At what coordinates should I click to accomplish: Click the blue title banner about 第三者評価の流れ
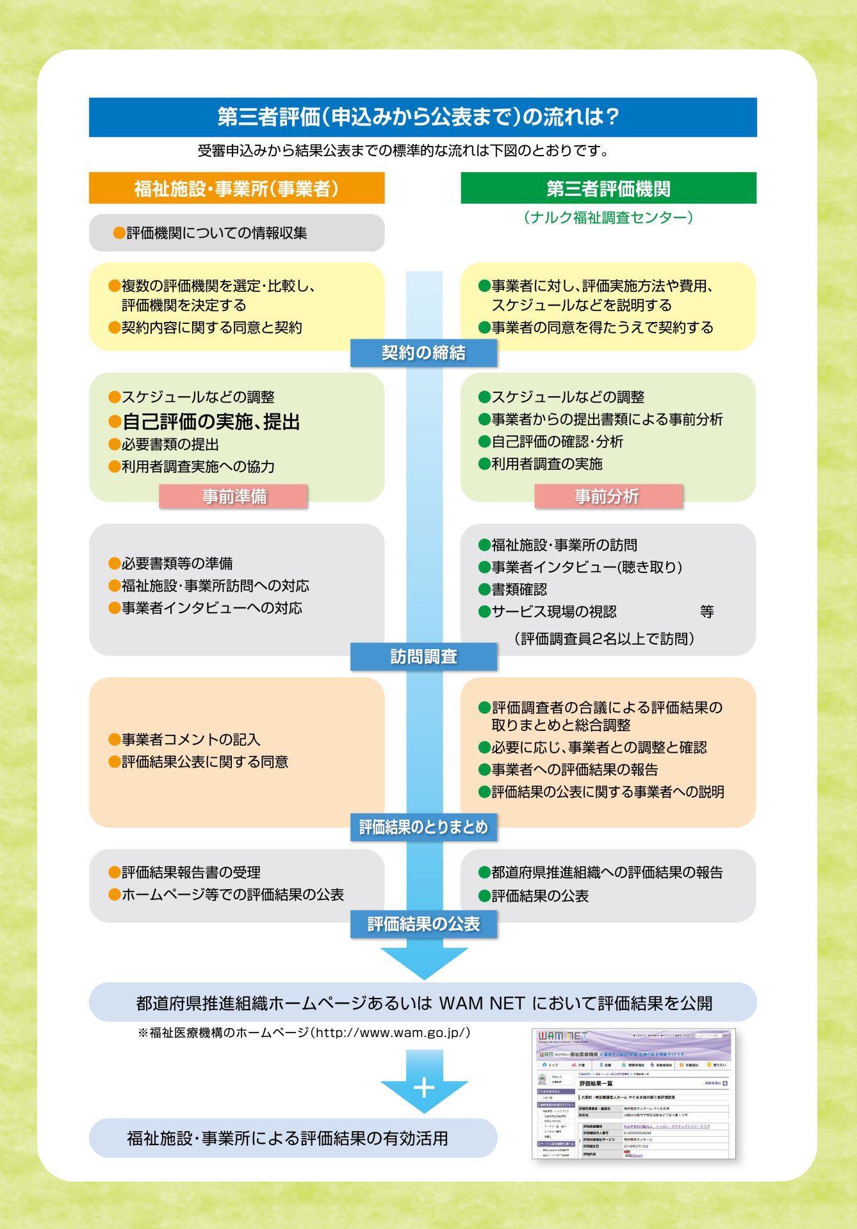(423, 117)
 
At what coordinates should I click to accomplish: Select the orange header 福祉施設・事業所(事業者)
(236, 188)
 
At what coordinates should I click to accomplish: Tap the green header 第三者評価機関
(608, 188)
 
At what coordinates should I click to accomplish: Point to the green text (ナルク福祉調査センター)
(608, 218)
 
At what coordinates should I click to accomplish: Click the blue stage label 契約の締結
(423, 353)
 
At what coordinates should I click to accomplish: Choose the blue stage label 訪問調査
(423, 657)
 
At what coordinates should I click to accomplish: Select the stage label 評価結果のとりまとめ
(423, 827)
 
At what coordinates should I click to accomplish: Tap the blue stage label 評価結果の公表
(423, 924)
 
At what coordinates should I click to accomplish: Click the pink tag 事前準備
(234, 497)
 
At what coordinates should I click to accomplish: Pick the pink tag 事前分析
(608, 497)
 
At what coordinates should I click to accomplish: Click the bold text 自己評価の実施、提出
(211, 422)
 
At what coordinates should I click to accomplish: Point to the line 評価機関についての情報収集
(216, 233)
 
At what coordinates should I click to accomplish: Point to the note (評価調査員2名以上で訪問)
(604, 639)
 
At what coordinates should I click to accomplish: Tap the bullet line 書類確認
(519, 590)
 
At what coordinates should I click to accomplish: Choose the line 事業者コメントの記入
(191, 739)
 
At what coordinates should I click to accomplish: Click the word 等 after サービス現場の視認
(706, 612)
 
